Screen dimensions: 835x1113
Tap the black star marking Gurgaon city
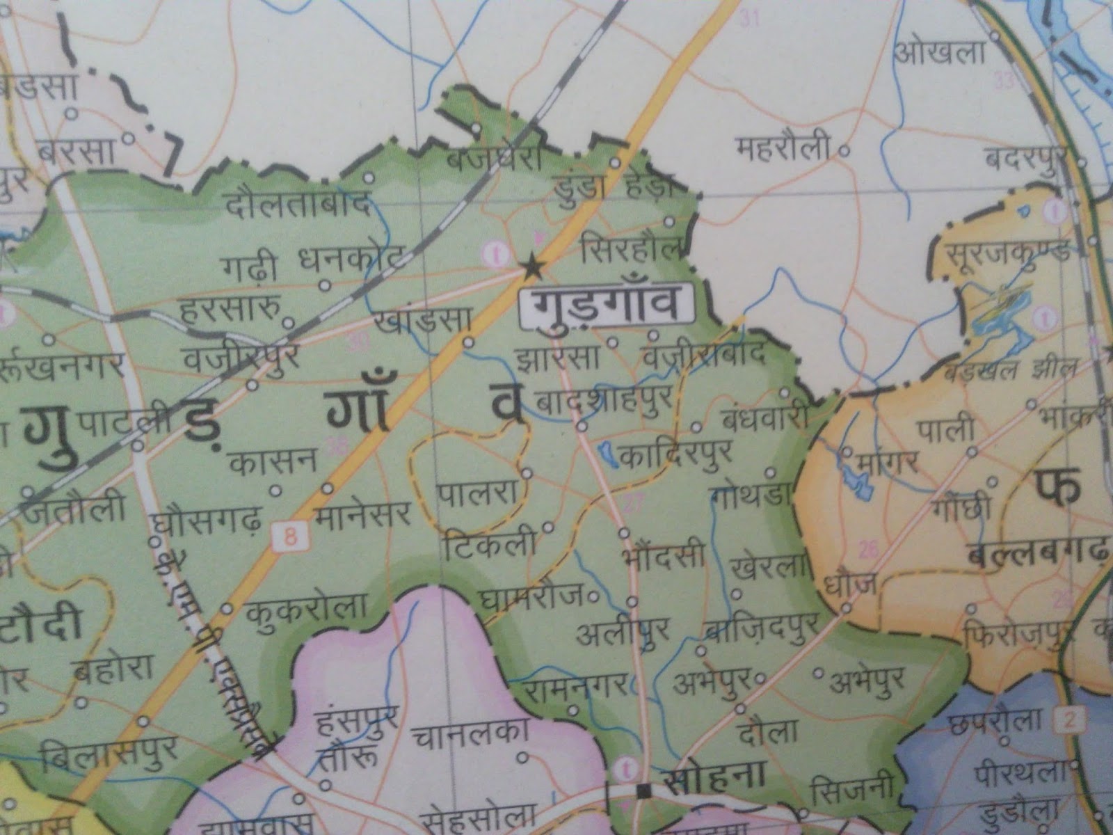coord(532,265)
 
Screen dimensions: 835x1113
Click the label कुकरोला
coord(306,609)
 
